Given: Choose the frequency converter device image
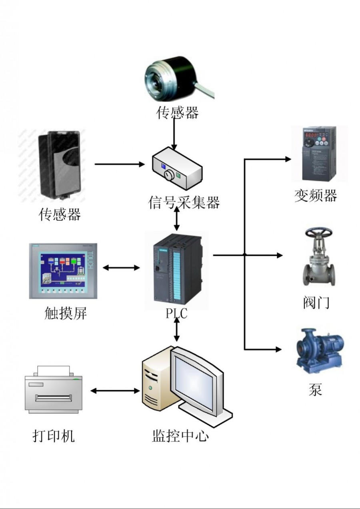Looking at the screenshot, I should click(x=318, y=154).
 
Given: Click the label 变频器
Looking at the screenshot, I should click(x=316, y=196).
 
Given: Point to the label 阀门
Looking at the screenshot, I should click(x=316, y=303).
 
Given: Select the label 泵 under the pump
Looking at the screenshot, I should click(x=315, y=389).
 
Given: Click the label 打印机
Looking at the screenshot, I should click(x=53, y=436).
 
